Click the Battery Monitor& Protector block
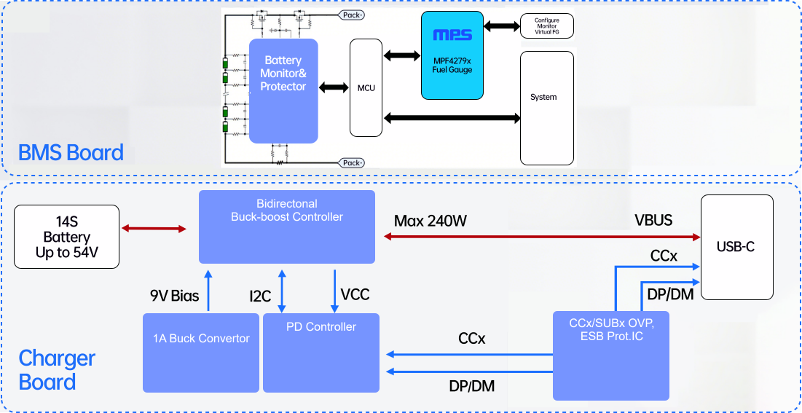[283, 90]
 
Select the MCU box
[366, 88]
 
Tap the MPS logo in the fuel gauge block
[452, 34]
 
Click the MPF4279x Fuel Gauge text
[452, 65]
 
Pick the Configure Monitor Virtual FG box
[546, 26]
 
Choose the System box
[547, 108]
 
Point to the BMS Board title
[71, 153]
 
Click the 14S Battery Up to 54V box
[67, 237]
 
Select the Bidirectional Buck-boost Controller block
[287, 227]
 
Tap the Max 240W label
[430, 221]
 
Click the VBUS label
[653, 221]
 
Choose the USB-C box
[736, 247]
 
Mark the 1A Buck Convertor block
[201, 352]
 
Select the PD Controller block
[321, 353]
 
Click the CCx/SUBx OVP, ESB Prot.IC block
[610, 355]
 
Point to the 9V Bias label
[175, 295]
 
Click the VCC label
[355, 295]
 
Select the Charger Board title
[57, 370]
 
